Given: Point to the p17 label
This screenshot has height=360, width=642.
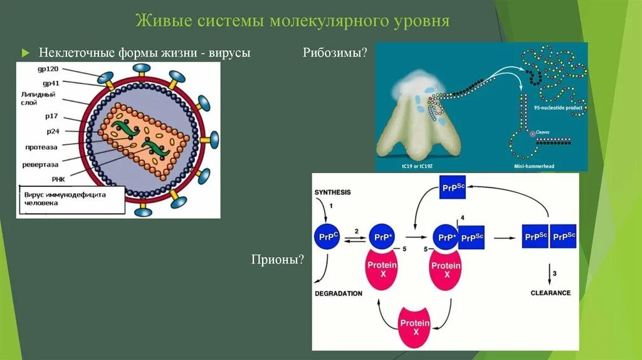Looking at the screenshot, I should point(52,117).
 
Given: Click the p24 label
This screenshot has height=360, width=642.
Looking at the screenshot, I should point(52,132).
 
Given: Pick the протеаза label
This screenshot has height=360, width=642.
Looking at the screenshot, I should point(42,147).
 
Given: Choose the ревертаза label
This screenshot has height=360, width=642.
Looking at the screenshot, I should point(41,165).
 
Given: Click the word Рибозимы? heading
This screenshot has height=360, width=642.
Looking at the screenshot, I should point(335,53).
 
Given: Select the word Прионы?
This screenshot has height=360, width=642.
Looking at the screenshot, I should point(277,258).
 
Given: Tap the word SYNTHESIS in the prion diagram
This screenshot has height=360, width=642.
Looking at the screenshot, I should point(334,193).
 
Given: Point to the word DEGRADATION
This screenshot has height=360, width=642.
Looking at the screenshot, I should point(339,293).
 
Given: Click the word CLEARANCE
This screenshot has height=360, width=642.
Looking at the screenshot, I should point(550,293).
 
